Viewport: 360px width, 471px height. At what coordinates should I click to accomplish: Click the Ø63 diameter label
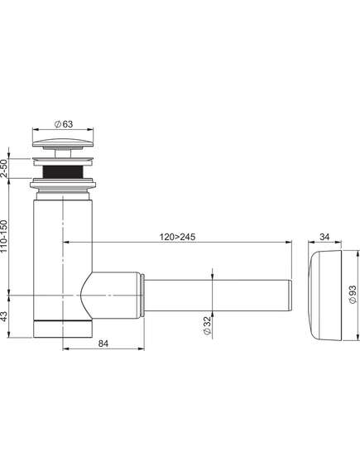pos(64,124)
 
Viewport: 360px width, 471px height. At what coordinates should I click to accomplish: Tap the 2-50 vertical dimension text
pos(4,168)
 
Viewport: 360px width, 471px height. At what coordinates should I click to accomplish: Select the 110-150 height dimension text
pos(4,236)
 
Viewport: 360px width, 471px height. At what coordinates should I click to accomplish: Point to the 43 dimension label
pos(4,316)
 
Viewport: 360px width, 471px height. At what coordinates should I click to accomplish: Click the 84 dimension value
pos(103,344)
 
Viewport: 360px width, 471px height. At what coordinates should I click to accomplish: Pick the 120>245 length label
pos(177,237)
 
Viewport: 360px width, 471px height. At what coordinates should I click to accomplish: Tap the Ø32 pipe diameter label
pos(207,326)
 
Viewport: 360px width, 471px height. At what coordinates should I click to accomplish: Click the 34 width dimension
pos(324,237)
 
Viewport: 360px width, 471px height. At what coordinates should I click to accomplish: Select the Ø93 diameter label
pos(353,295)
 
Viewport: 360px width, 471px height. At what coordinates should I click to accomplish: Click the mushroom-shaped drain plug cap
pos(63,142)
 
